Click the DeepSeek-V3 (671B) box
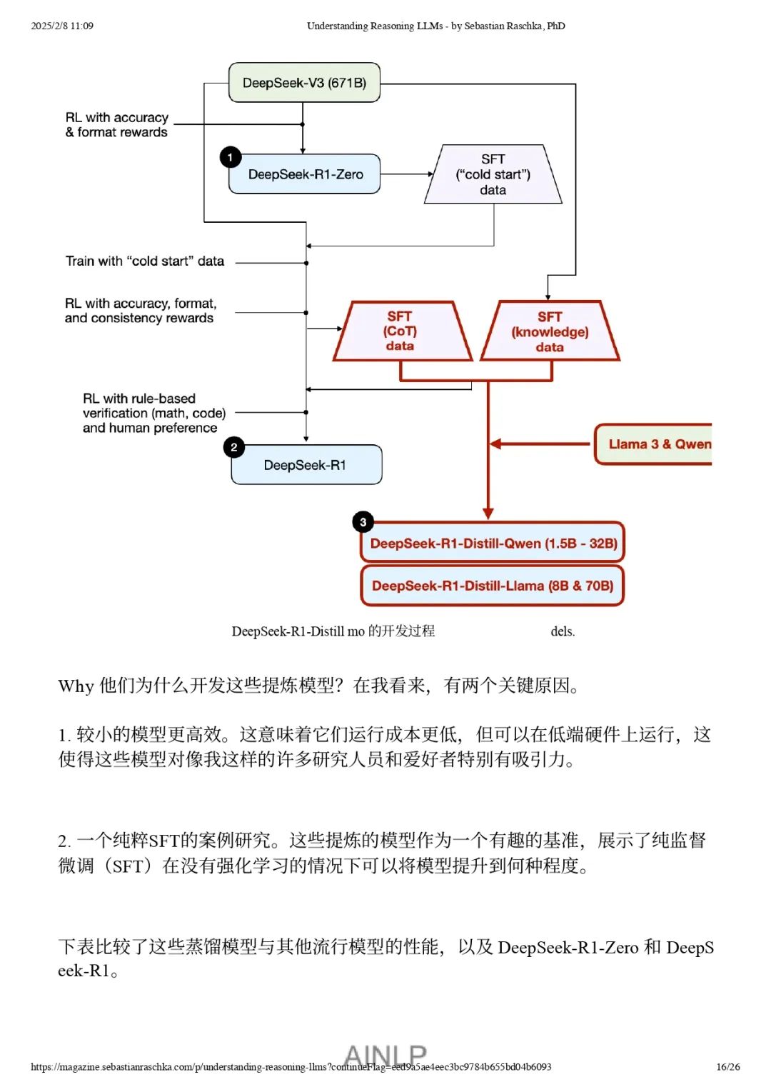pyautogui.click(x=304, y=83)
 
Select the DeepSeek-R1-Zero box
pyautogui.click(x=305, y=174)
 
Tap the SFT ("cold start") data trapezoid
pyautogui.click(x=493, y=175)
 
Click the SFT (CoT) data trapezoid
pyautogui.click(x=400, y=331)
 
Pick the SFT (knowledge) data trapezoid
pyautogui.click(x=550, y=331)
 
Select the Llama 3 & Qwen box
pyautogui.click(x=653, y=444)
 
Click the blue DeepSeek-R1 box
pyautogui.click(x=306, y=465)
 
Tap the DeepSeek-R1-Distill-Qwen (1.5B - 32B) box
pyautogui.click(x=493, y=544)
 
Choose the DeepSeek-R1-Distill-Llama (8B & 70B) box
pyautogui.click(x=493, y=586)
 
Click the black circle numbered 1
pyautogui.click(x=230, y=157)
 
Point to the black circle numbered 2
pyautogui.click(x=233, y=447)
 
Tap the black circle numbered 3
pyautogui.click(x=363, y=522)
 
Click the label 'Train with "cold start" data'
pyautogui.click(x=145, y=261)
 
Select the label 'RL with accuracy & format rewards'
pyautogui.click(x=117, y=125)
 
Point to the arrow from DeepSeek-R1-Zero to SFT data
pyautogui.click(x=406, y=174)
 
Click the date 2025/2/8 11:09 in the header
pyautogui.click(x=62, y=26)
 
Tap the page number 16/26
pyautogui.click(x=728, y=1067)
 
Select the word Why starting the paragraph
pyautogui.click(x=76, y=686)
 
